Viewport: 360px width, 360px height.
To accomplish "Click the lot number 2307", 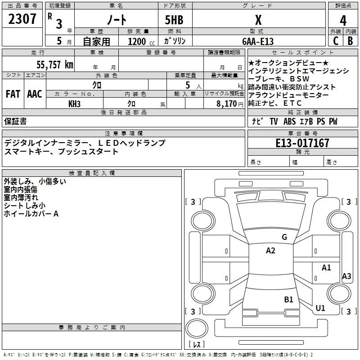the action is (22, 19).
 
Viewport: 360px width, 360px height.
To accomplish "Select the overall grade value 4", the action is (343, 20).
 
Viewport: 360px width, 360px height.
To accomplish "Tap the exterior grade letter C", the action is (336, 41).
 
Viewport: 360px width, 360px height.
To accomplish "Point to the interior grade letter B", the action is (350, 41).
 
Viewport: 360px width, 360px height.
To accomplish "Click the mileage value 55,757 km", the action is (55, 64).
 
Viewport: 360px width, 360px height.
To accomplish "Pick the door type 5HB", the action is (174, 20).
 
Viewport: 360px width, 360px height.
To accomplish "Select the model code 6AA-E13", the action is (258, 41).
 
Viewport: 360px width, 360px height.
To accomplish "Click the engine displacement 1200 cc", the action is (141, 41).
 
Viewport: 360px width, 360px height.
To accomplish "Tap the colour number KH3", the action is (74, 104).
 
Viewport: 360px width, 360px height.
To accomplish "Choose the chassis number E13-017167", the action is (302, 143).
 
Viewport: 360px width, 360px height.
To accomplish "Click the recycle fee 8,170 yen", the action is (230, 104).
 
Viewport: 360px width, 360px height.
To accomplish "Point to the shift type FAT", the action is (13, 94).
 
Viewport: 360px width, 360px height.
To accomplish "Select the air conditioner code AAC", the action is (35, 94).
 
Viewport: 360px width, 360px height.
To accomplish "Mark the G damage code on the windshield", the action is (284, 237).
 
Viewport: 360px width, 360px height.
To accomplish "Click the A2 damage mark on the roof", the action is (270, 250).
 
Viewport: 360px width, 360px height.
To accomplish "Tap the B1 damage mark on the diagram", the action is (288, 299).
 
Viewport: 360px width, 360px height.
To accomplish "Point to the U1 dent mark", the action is (320, 308).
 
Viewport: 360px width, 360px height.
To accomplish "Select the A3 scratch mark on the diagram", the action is (346, 276).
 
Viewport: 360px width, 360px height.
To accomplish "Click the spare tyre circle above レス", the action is (197, 328).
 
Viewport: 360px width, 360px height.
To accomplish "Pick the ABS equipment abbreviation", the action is (289, 121).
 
